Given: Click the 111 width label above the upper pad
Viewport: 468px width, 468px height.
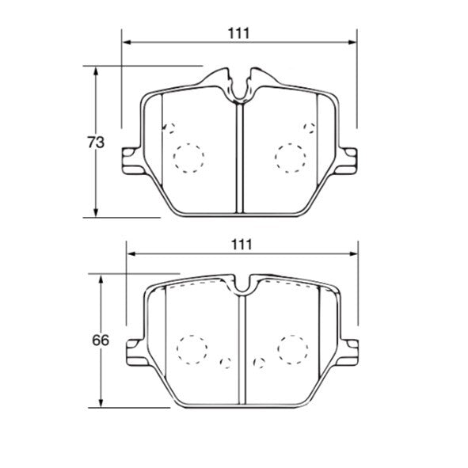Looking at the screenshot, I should (238, 32).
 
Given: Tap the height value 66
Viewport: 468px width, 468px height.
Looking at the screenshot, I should (99, 341).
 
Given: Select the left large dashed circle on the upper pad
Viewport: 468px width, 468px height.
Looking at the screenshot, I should (188, 158).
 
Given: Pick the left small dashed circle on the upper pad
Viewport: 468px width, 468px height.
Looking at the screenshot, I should (166, 128).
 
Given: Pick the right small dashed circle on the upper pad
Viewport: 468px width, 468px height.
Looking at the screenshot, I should (310, 127).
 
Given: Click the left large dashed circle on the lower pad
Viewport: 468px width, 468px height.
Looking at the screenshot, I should (191, 348).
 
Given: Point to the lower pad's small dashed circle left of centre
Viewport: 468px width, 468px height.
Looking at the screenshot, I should (225, 363).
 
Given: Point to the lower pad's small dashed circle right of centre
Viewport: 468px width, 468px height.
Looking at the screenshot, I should (257, 363).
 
